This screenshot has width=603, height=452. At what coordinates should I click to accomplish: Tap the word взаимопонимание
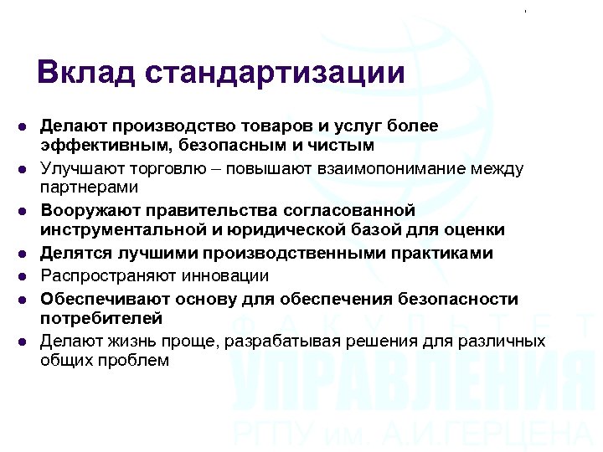378,169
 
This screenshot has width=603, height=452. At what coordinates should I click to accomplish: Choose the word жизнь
137,342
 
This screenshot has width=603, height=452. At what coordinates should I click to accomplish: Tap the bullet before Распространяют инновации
23,276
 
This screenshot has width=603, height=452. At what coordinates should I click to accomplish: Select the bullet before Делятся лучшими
23,253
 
